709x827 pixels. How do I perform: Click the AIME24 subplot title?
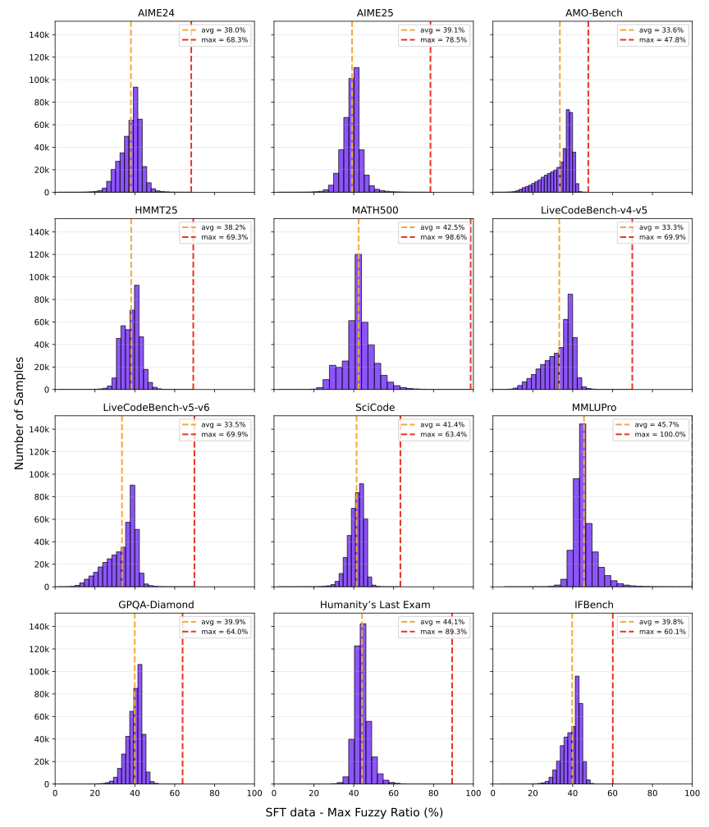pos(154,13)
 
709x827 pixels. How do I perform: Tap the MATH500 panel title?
pos(373,210)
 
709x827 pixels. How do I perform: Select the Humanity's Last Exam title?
pos(373,605)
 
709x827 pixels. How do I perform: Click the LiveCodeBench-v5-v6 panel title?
pos(154,408)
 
